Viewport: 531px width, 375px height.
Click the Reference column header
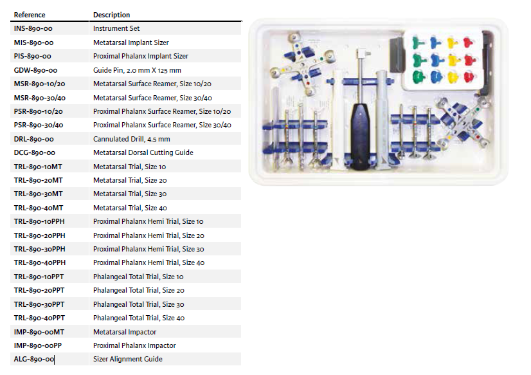pyautogui.click(x=30, y=15)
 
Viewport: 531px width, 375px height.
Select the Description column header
pyautogui.click(x=111, y=15)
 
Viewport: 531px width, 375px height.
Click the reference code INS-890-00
pyautogui.click(x=33, y=28)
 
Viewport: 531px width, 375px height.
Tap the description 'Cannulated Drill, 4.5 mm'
pyautogui.click(x=131, y=139)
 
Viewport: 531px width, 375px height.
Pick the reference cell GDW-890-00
pyautogui.click(x=35, y=70)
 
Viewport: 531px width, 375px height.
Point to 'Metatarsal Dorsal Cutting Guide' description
pyautogui.click(x=143, y=152)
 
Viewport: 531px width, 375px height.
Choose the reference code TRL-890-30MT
pyautogui.click(x=39, y=194)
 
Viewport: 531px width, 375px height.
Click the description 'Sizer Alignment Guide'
pyautogui.click(x=128, y=359)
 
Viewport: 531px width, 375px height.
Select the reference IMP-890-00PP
pyautogui.click(x=38, y=345)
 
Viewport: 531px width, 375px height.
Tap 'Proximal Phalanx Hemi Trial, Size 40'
pyautogui.click(x=148, y=262)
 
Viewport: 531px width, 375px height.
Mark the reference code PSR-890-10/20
pyautogui.click(x=39, y=111)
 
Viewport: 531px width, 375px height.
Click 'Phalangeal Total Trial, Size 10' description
pyautogui.click(x=138, y=277)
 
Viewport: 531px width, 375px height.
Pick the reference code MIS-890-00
pyautogui.click(x=33, y=42)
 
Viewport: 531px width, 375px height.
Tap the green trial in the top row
pyautogui.click(x=419, y=43)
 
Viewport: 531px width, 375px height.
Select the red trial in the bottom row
pyautogui.click(x=469, y=77)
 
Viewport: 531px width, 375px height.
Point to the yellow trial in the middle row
pyautogui.click(x=453, y=60)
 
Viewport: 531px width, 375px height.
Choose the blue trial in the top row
pyautogui.click(x=436, y=42)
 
